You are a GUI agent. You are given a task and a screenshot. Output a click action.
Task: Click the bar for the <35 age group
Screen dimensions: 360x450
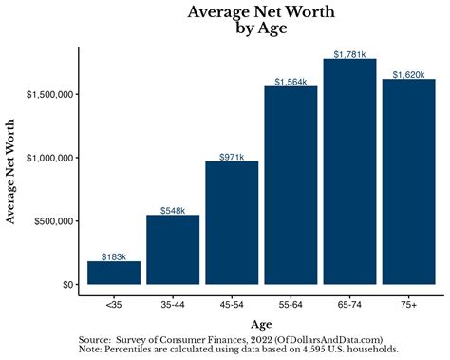point(114,273)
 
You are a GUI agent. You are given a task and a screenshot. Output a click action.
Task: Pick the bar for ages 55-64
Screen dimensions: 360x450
point(291,185)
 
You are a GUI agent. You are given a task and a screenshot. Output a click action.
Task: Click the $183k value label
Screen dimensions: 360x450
point(114,256)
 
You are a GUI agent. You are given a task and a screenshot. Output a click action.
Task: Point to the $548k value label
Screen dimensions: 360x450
point(173,210)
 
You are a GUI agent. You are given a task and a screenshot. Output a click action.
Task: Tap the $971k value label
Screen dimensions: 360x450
point(232,157)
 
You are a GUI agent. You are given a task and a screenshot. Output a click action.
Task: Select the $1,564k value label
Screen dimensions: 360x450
point(291,82)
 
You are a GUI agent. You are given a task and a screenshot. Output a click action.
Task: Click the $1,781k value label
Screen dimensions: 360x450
point(349,54)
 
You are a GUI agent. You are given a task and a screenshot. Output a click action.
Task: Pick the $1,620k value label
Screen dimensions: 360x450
point(408,74)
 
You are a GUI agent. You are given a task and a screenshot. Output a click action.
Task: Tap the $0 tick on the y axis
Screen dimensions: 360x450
point(67,284)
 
